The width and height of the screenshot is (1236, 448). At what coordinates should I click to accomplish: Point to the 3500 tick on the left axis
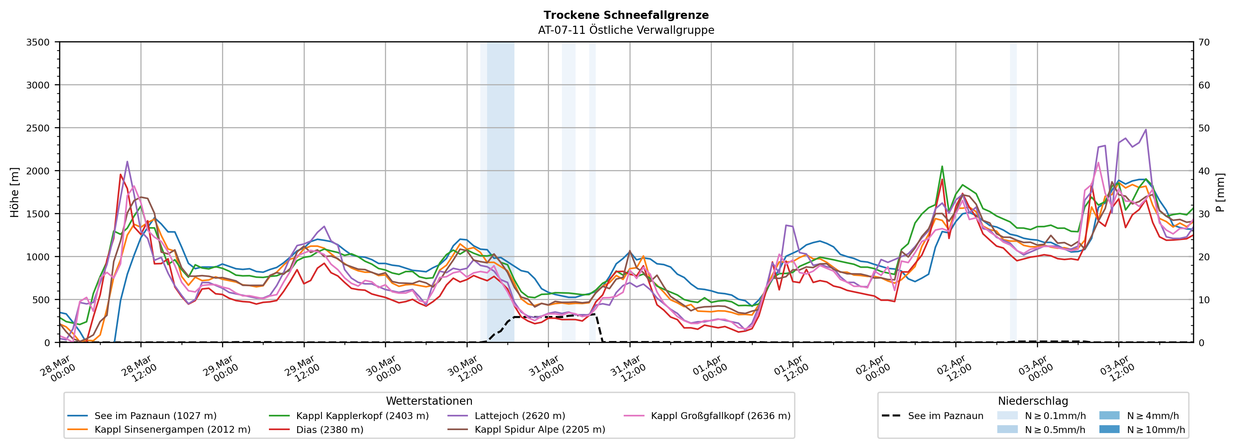38,42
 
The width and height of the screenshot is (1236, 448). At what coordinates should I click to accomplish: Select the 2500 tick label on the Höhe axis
38,128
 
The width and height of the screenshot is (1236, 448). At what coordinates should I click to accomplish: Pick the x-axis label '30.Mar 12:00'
465,369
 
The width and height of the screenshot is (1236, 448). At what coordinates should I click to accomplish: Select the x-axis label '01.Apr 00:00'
710,369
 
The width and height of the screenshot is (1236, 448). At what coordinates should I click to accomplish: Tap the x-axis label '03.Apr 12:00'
1118,369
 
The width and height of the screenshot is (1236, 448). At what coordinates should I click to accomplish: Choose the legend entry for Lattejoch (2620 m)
520,416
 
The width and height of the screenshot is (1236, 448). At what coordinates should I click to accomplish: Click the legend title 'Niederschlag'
1032,401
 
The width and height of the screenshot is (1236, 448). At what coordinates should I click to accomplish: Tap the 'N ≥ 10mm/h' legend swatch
1109,429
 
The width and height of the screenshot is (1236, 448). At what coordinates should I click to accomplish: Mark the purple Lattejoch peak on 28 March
127,162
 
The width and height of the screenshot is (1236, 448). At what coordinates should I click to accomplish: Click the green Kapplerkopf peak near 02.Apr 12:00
942,167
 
